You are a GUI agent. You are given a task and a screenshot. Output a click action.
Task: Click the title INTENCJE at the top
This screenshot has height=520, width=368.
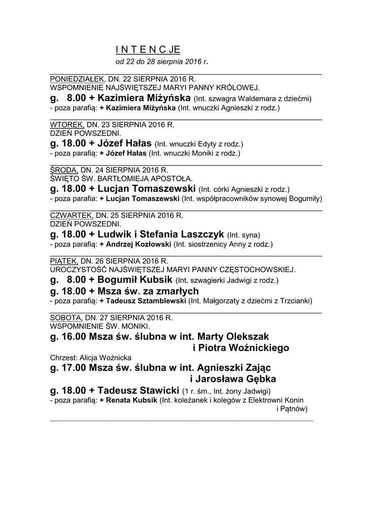147,50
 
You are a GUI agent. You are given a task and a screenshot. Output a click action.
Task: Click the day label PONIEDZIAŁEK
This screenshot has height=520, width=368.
78,80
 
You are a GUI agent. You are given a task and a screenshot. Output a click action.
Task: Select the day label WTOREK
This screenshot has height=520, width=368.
67,124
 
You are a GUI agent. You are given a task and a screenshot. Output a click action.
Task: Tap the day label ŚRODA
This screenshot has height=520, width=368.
64,169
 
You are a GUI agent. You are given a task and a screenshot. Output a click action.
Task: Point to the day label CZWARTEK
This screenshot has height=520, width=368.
72,215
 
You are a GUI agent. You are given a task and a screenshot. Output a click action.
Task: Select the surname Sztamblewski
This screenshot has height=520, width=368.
160,301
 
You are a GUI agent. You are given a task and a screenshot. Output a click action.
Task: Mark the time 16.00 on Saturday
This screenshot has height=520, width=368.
74,336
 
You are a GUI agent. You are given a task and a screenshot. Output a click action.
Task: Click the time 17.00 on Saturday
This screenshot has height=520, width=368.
74,367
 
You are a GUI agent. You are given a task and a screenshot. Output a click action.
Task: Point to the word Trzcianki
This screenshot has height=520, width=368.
295,301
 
